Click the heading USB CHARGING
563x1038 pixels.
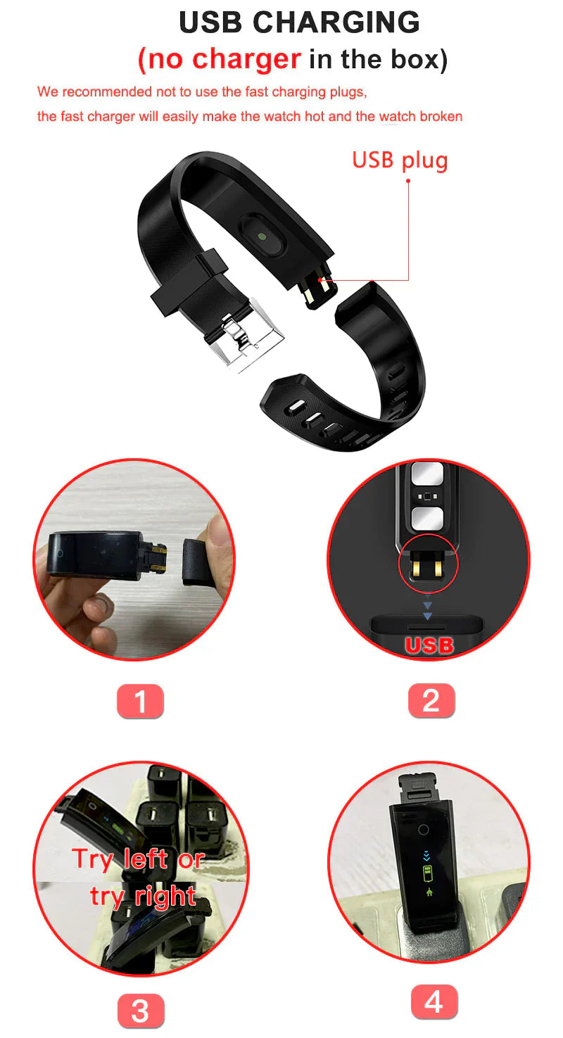click(x=299, y=23)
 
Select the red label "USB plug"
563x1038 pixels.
click(x=400, y=160)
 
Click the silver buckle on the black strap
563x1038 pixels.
click(x=243, y=331)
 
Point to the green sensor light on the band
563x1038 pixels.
click(x=262, y=237)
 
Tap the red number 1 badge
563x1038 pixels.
click(x=140, y=701)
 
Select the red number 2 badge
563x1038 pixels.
click(x=431, y=701)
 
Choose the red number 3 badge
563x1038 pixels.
click(x=140, y=1011)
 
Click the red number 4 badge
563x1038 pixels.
click(x=434, y=1001)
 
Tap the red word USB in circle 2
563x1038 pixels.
click(x=429, y=645)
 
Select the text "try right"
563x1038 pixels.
click(x=143, y=896)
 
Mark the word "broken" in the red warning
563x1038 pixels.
click(x=441, y=116)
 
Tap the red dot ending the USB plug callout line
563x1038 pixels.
click(x=409, y=181)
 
